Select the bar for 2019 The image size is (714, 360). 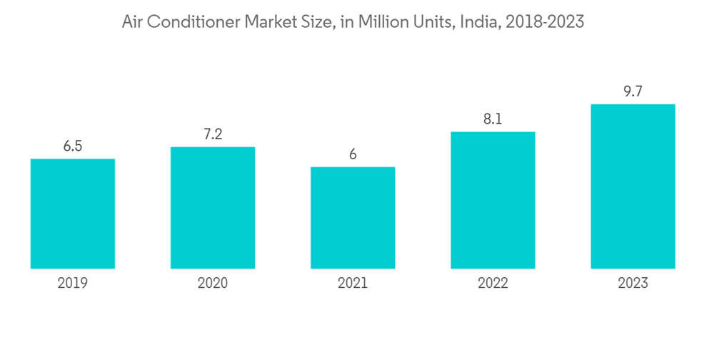(x=73, y=214)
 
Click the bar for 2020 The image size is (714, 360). (x=213, y=208)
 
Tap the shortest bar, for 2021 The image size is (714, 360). (x=353, y=218)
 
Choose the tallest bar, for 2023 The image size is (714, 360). (x=633, y=186)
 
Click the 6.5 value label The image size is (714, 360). (x=73, y=146)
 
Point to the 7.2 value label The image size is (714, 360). (x=213, y=135)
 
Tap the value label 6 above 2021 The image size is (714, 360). (x=353, y=155)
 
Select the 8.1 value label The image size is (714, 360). (x=493, y=119)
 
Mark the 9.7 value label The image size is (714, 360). (x=633, y=92)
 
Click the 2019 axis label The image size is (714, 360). (x=73, y=284)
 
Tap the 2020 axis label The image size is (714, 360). (x=213, y=284)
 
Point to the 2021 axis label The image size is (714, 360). (x=353, y=284)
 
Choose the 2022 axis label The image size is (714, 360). (x=493, y=284)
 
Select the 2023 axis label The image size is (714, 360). (x=633, y=284)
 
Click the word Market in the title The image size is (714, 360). (x=272, y=22)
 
